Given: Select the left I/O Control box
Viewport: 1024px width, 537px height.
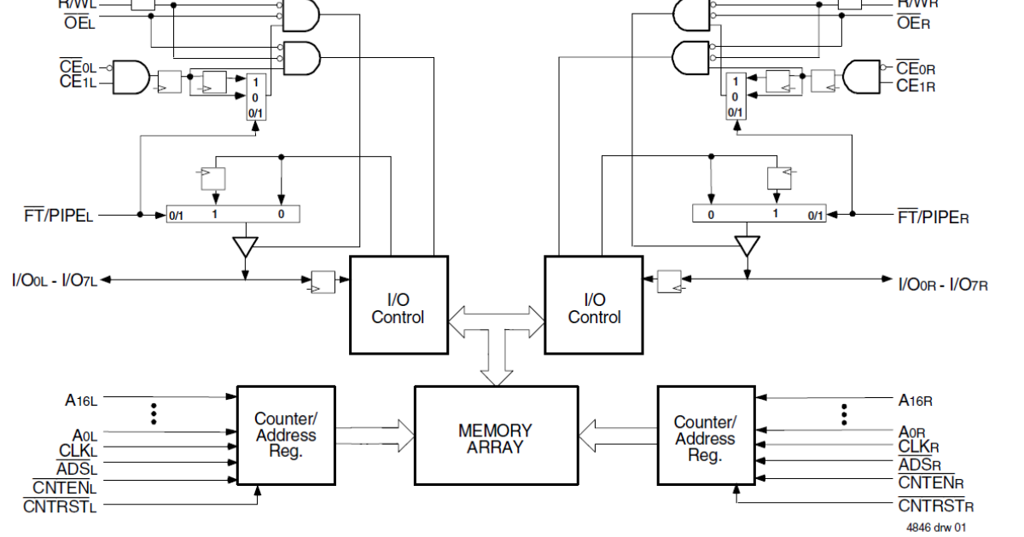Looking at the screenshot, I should (x=398, y=306).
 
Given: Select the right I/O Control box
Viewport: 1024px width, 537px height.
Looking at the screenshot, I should (x=594, y=306).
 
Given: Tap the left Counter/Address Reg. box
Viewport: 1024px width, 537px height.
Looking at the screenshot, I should (x=286, y=436).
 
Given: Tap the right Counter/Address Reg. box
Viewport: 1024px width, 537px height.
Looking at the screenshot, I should (x=705, y=436).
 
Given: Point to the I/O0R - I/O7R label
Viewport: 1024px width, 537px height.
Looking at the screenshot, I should (x=943, y=282).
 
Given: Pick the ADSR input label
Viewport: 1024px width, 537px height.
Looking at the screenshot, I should (x=920, y=465).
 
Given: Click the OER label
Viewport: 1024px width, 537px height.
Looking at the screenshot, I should (x=913, y=22).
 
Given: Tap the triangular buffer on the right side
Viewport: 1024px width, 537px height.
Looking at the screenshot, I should (x=748, y=247).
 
